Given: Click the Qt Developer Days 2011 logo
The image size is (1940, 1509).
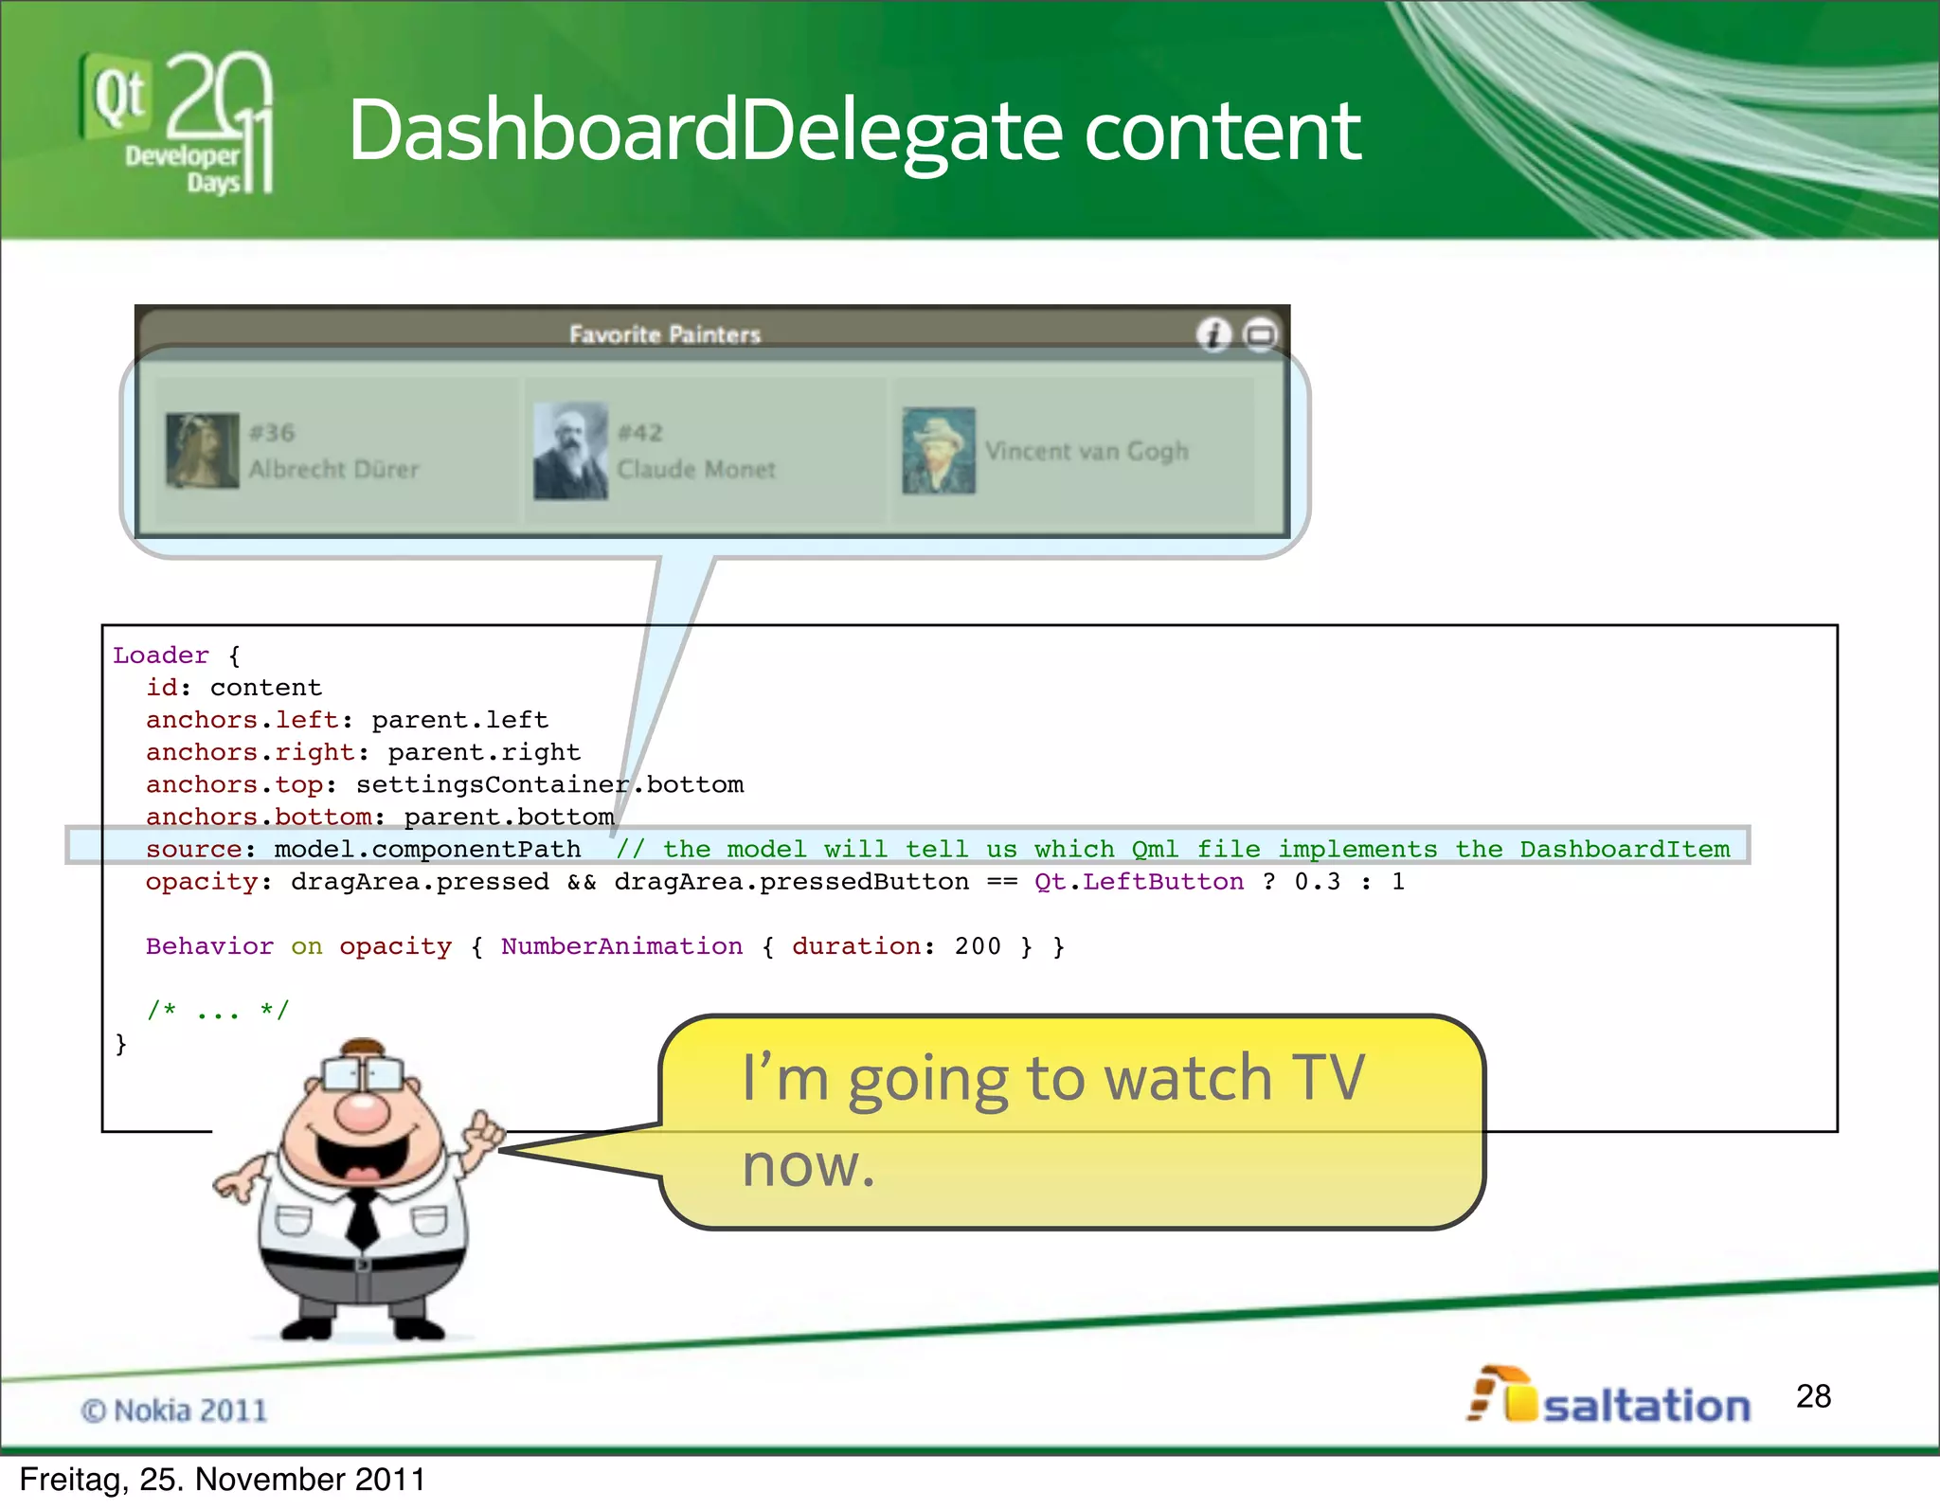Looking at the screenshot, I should tap(178, 123).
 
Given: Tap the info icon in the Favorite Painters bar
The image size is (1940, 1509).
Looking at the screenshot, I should tap(1213, 334).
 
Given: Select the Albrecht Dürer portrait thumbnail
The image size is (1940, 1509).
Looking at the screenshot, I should tap(202, 451).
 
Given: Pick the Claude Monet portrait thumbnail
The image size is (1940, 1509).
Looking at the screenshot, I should tap(570, 451).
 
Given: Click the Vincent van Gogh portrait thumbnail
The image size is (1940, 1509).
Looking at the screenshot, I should tap(939, 451).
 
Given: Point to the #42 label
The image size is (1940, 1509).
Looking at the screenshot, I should tap(640, 433).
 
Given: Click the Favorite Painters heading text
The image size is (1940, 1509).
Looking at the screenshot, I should tap(665, 334).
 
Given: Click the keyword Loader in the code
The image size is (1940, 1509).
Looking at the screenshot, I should tap(161, 656).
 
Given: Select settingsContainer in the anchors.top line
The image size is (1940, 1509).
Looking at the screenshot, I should tap(492, 785).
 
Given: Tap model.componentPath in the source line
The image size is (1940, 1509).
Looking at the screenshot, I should tap(427, 850).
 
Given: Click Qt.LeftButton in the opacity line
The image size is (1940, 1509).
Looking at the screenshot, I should tap(1139, 882).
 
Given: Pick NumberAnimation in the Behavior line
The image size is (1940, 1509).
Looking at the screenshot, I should tap(621, 946).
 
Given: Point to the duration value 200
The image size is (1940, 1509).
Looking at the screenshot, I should tap(978, 946).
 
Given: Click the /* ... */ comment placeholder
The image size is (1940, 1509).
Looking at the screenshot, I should tap(217, 1011).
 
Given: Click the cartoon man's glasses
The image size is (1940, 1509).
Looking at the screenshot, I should tap(363, 1073).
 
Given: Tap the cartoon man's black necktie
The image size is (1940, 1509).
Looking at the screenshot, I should tap(361, 1218).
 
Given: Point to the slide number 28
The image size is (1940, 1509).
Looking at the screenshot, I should tap(1813, 1396).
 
